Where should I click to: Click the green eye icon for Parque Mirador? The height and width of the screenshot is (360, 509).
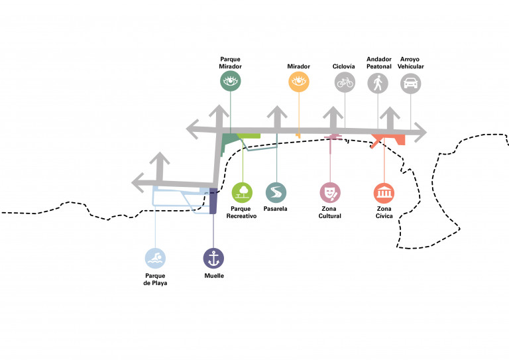pyautogui.click(x=231, y=82)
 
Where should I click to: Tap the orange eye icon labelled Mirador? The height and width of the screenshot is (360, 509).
pyautogui.click(x=298, y=82)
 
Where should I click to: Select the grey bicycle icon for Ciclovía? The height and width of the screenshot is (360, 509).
pyautogui.click(x=345, y=82)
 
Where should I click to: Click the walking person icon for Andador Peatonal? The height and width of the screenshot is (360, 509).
pyautogui.click(x=378, y=82)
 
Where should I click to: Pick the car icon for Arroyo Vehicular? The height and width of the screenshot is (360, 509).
pyautogui.click(x=411, y=82)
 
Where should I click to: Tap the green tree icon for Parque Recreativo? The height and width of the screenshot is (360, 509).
pyautogui.click(x=242, y=192)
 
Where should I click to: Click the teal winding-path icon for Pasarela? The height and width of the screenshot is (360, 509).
pyautogui.click(x=276, y=192)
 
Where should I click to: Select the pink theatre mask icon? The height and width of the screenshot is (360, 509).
pyautogui.click(x=330, y=192)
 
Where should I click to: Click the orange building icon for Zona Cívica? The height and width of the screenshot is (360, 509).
pyautogui.click(x=384, y=192)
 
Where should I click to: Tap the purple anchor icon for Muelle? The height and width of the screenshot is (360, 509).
pyautogui.click(x=213, y=258)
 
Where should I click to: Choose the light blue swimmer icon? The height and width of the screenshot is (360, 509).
pyautogui.click(x=156, y=258)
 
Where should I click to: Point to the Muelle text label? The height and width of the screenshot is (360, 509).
pyautogui.click(x=213, y=275)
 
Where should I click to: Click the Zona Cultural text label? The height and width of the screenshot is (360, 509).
pyautogui.click(x=330, y=212)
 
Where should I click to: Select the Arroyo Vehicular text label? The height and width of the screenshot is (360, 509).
pyautogui.click(x=412, y=63)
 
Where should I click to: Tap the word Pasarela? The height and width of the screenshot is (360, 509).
pyautogui.click(x=276, y=209)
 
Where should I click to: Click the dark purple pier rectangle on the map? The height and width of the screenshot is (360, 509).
pyautogui.click(x=213, y=201)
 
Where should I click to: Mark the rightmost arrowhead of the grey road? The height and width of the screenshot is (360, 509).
pyautogui.click(x=420, y=133)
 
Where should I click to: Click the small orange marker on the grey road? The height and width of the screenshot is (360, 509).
pyautogui.click(x=298, y=135)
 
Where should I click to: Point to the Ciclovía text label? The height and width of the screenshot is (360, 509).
pyautogui.click(x=345, y=66)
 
